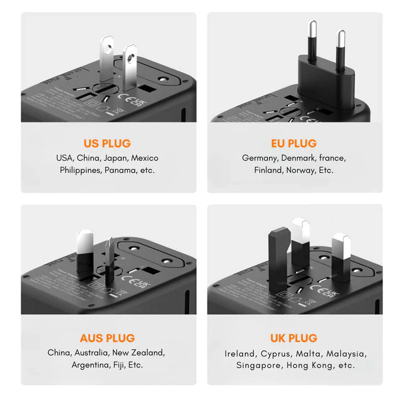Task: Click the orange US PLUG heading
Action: tap(108, 144)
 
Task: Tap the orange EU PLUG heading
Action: tap(294, 144)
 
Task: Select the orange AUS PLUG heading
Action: tap(107, 338)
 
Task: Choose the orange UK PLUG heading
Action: tap(294, 338)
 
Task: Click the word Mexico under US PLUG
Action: tap(145, 158)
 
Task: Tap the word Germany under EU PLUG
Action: tap(259, 158)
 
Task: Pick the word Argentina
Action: tap(91, 365)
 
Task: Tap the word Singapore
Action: tap(259, 365)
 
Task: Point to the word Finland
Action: tap(268, 170)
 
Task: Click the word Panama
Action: tap(121, 170)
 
